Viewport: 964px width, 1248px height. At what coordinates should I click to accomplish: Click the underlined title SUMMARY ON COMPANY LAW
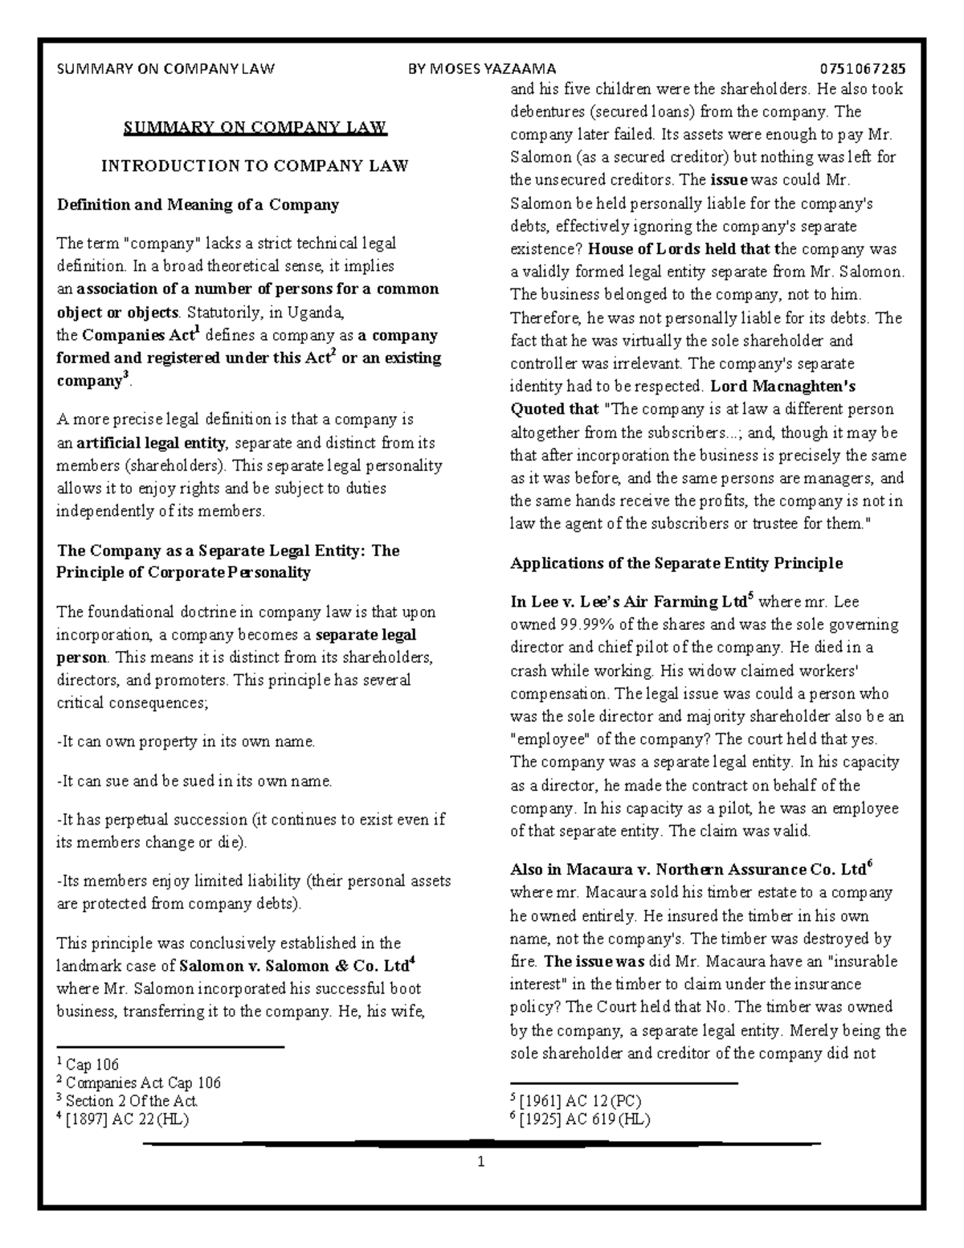[x=255, y=127]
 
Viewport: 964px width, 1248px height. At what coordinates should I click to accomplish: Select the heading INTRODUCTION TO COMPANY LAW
[x=255, y=166]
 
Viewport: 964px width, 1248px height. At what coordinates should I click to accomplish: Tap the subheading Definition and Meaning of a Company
[x=198, y=204]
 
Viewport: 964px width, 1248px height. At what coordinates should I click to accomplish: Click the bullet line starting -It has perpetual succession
[x=251, y=820]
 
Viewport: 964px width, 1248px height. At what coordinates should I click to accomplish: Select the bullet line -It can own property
[x=186, y=742]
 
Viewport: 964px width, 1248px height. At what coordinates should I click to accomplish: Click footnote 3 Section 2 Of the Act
[x=131, y=1100]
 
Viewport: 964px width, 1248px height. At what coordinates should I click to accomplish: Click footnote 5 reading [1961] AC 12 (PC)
[x=581, y=1100]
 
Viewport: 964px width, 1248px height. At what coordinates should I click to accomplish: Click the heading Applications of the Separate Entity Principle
[x=676, y=563]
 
